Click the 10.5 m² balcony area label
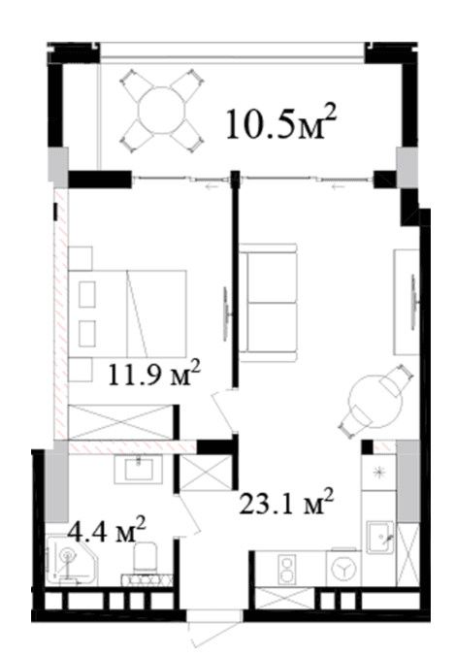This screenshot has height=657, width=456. tap(281, 122)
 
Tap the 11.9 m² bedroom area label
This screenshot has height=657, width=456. tap(154, 374)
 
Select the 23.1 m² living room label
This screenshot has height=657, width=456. tap(286, 502)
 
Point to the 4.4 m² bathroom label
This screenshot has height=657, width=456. tap(107, 530)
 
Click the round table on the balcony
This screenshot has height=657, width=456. tap(162, 111)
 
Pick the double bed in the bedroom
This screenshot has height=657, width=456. tap(127, 314)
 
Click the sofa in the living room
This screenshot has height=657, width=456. tap(268, 303)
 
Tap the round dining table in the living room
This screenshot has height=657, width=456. tap(375, 401)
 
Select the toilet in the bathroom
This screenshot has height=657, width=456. tap(145, 558)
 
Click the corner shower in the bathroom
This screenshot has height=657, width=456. tap(72, 562)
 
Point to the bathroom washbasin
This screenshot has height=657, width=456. tap(138, 470)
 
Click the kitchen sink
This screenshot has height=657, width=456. tap(380, 538)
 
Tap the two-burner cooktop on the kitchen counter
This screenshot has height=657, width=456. tap(288, 568)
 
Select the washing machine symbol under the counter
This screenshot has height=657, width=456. tap(342, 569)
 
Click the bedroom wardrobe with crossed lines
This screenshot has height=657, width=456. tap(121, 422)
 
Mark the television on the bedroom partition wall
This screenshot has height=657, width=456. tap(226, 313)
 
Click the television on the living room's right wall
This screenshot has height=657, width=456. tap(414, 301)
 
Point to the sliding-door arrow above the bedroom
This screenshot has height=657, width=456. tap(212, 187)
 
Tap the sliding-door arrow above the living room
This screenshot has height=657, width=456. tap(338, 187)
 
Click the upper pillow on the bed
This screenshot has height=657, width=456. tap(87, 295)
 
